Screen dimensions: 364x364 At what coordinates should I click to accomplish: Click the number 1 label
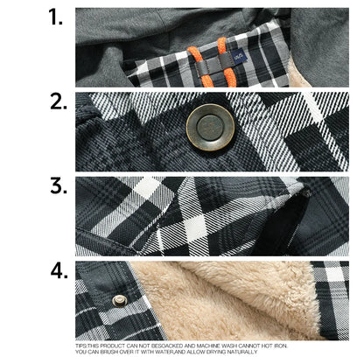(x=57, y=17)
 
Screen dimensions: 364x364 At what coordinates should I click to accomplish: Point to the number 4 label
(x=58, y=270)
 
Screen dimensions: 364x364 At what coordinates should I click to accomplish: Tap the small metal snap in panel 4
(x=120, y=300)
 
